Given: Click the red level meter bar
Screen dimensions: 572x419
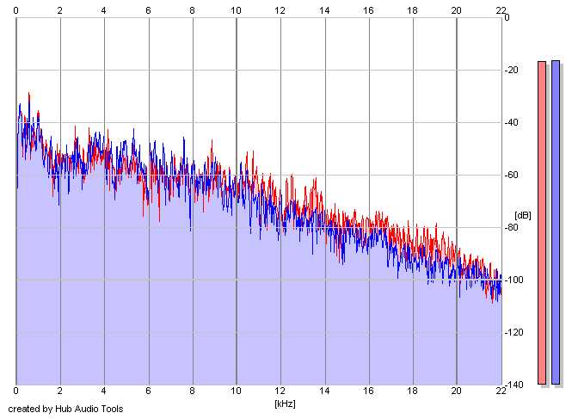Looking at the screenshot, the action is [x=542, y=223].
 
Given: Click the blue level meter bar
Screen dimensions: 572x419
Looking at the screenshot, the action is [x=556, y=222].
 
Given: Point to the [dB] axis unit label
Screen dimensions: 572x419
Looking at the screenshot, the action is [x=523, y=215].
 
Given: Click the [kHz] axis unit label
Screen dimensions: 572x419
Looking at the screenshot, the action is [x=285, y=404].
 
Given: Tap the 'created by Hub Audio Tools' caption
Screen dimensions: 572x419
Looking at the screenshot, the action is [x=65, y=409].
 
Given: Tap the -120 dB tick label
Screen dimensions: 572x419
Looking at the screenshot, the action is [x=514, y=332].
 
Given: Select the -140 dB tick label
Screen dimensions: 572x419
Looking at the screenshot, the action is [x=514, y=385].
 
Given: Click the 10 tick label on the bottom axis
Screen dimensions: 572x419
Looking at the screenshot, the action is [x=236, y=391].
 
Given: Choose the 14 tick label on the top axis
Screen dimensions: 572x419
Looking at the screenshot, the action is [x=324, y=10].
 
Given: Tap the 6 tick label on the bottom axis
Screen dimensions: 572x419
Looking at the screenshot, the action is [x=148, y=391].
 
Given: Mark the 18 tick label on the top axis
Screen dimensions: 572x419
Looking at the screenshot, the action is [x=412, y=10].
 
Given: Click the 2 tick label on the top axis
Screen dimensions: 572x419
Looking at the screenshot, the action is [x=60, y=10].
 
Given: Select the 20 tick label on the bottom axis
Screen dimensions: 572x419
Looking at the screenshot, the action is [x=457, y=391].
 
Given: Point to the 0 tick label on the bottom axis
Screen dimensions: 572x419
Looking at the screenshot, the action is [x=15, y=391].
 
